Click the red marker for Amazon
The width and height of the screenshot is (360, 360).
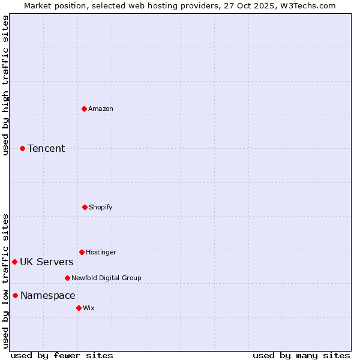tap(84, 109)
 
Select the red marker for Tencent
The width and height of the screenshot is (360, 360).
tap(22, 148)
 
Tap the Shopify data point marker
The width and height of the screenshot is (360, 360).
tap(85, 207)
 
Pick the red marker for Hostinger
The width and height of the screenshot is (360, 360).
tap(82, 252)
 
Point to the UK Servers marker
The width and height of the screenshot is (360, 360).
tap(14, 262)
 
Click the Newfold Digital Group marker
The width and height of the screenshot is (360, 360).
tap(67, 278)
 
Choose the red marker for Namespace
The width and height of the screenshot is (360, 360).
tap(15, 295)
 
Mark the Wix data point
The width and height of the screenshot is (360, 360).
tap(79, 308)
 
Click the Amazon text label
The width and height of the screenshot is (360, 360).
tap(101, 109)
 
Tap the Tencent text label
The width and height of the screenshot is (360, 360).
tap(46, 148)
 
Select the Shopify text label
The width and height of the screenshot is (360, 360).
tap(101, 207)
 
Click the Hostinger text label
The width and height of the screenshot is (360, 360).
tap(101, 252)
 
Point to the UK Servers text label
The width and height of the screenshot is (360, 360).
tap(47, 262)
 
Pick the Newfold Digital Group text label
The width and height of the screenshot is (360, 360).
tap(107, 278)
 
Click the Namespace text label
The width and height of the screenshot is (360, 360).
tap(48, 295)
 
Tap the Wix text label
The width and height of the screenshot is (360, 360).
tap(89, 308)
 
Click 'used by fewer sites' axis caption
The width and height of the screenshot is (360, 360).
tap(62, 355)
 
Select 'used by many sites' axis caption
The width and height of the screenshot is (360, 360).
tap(301, 355)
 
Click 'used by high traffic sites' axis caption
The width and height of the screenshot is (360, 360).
tap(5, 85)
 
